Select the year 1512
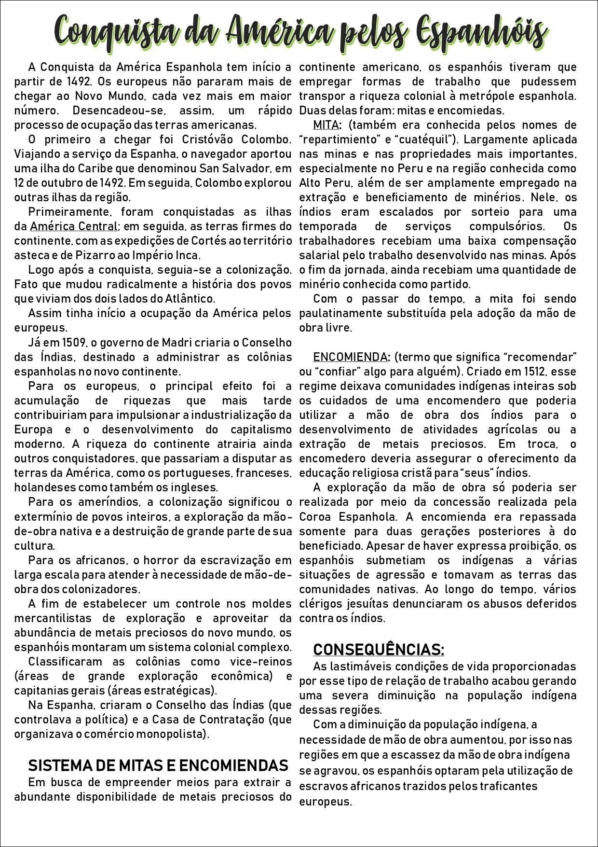pos(536,372)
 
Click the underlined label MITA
pos(326,125)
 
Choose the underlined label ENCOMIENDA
pos(350,357)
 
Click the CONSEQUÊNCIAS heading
pos(379,650)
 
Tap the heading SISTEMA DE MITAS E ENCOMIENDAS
pos(158,765)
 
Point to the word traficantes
pos(507,786)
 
